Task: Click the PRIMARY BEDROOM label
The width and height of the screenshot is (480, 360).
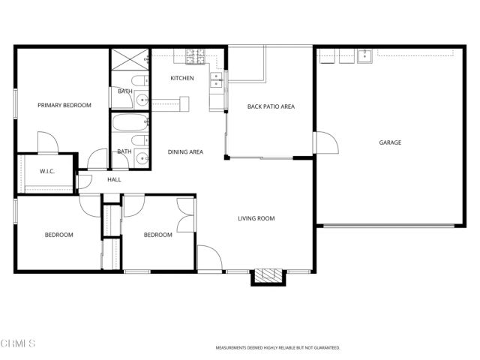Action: coord(64,106)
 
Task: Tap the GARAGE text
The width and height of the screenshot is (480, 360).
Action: coord(389,142)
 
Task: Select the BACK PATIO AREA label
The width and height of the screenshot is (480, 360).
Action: coord(271,106)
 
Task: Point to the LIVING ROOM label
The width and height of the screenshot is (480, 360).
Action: coord(256,219)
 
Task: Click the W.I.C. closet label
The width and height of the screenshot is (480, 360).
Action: coord(48,172)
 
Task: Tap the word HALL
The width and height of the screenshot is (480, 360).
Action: coord(114,180)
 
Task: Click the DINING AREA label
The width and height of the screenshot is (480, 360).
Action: coord(185,152)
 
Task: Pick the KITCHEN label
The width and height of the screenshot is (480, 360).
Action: coord(181,78)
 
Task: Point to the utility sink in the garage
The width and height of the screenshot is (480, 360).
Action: coord(365,55)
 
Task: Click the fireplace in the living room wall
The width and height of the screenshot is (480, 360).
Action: coord(268,277)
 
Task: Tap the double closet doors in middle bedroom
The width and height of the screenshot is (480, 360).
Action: coord(184,214)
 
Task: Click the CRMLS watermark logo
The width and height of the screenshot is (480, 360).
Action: coord(18,343)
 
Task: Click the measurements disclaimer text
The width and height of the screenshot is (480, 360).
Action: coord(277,348)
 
